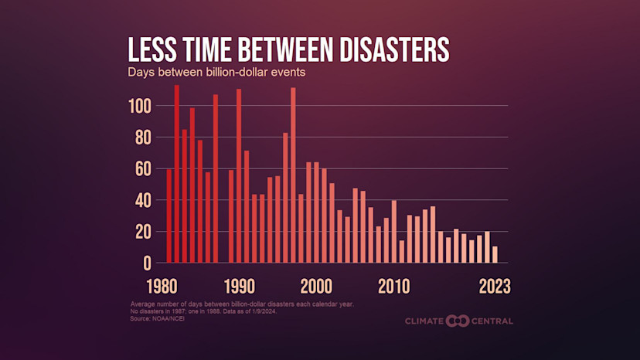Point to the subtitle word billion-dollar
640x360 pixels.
click(x=232, y=73)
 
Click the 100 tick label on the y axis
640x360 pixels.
click(x=140, y=106)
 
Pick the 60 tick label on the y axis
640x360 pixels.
click(x=143, y=168)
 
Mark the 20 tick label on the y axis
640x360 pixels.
click(x=143, y=232)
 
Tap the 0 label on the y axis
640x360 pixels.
click(x=147, y=263)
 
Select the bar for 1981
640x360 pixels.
click(x=177, y=175)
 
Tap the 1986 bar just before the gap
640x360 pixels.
click(x=216, y=179)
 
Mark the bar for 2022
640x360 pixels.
click(x=487, y=247)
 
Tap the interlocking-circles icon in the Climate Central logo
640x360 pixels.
click(x=458, y=321)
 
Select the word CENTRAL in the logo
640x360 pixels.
click(x=492, y=321)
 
